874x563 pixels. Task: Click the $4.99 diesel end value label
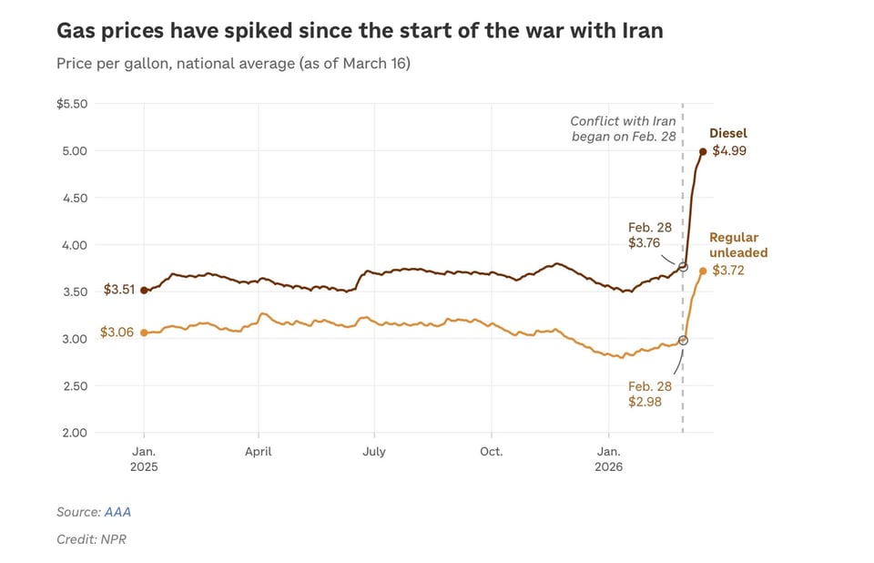click(x=729, y=151)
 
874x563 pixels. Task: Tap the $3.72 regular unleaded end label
click(x=728, y=271)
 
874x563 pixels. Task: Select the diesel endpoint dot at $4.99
click(x=703, y=152)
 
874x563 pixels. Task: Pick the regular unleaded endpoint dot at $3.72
click(x=703, y=271)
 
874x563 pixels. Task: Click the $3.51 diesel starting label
click(x=117, y=291)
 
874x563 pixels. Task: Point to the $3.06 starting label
click(x=117, y=333)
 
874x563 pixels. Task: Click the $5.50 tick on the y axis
click(x=72, y=104)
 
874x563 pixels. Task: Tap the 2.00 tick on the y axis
click(x=75, y=433)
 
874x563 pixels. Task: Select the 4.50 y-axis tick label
click(x=75, y=198)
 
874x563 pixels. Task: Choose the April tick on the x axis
click(x=259, y=451)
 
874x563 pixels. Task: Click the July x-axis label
click(x=374, y=451)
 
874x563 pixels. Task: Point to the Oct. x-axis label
click(x=491, y=451)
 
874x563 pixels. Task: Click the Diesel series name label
click(x=728, y=134)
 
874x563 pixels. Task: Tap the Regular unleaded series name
click(x=738, y=245)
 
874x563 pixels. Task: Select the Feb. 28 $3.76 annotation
click(x=650, y=235)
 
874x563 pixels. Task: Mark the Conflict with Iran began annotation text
click(x=623, y=128)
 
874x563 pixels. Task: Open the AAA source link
click(x=117, y=512)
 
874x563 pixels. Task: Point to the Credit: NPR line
click(x=91, y=539)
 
